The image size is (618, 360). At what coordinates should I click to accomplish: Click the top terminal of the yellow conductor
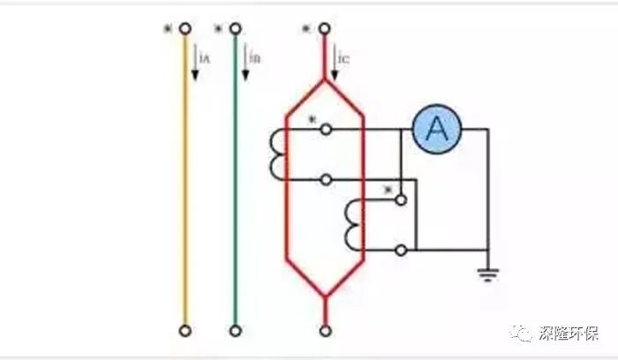point(185,28)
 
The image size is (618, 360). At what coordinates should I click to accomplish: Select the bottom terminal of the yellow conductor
point(185,331)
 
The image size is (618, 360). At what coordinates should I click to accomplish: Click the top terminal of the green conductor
point(235,28)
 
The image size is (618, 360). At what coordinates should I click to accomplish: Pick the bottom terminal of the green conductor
point(235,331)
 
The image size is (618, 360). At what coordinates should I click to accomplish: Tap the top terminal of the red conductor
point(326,28)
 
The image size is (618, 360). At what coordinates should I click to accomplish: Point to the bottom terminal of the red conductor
point(326,331)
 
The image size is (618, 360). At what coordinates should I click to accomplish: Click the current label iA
point(204,58)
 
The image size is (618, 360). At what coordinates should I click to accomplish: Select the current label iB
point(254,58)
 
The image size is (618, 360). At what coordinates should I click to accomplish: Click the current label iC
point(345,58)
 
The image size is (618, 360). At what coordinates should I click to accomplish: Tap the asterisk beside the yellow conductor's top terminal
point(167,30)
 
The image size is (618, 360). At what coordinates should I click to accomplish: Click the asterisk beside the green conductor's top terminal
point(217,30)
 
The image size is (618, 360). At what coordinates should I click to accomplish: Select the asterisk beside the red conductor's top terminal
point(306,30)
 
